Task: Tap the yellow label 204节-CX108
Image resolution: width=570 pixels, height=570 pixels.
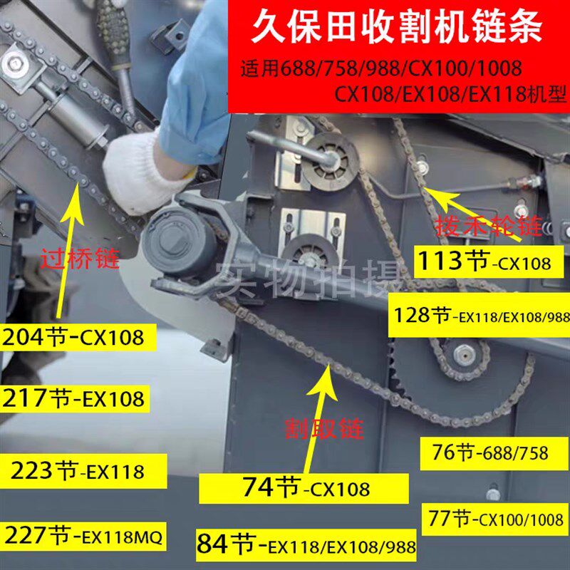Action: coord(78,336)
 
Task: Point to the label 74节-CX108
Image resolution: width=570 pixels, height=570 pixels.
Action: coord(306,488)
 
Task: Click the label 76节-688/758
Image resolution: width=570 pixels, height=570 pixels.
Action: coord(491,452)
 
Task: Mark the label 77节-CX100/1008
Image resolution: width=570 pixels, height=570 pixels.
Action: coord(492,518)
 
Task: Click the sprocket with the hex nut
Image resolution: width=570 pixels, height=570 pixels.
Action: coord(462,353)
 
